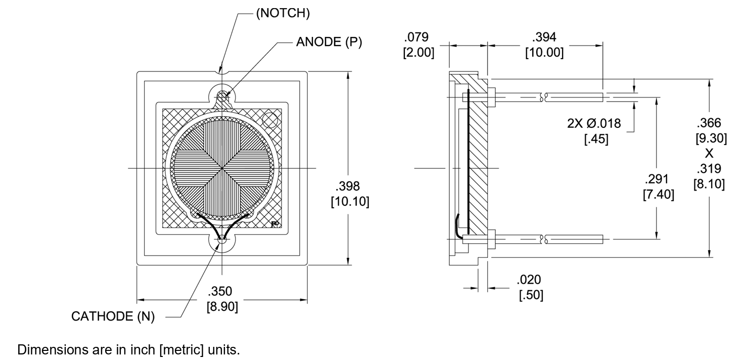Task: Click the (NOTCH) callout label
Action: (283, 14)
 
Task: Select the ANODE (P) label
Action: (329, 42)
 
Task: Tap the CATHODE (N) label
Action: (113, 317)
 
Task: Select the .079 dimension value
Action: (418, 37)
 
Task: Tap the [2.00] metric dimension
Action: (418, 53)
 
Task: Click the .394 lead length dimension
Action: (544, 37)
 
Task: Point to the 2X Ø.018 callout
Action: (594, 123)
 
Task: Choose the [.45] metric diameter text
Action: (596, 139)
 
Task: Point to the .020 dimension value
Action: (529, 280)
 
